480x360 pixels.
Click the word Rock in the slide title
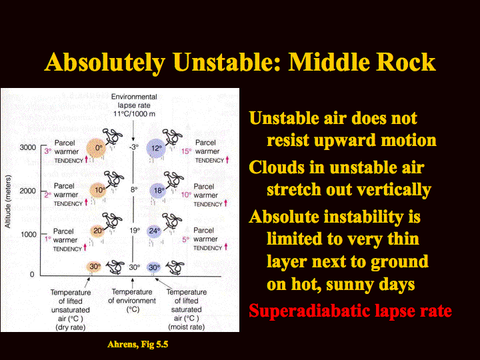point(405,62)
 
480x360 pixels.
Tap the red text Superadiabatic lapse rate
point(350,311)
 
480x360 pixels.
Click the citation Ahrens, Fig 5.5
point(138,345)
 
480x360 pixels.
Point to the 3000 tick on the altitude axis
point(28,147)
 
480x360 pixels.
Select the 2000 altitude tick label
point(28,191)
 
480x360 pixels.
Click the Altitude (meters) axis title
point(7,202)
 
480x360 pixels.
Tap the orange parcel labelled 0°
point(96,148)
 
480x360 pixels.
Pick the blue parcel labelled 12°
point(156,149)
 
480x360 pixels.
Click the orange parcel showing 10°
point(98,190)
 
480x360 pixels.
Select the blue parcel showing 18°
point(158,191)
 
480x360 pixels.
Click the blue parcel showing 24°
point(154,231)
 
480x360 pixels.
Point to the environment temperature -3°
point(134,147)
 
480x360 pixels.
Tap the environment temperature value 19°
point(135,231)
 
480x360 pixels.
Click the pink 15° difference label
point(187,151)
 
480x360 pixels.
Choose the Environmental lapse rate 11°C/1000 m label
point(134,105)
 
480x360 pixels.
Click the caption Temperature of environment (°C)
point(132,301)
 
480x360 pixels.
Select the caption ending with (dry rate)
point(71,310)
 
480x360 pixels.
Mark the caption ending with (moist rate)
point(187,309)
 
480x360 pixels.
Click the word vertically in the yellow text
point(394,190)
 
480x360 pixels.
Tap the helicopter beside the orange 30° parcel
point(115,267)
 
